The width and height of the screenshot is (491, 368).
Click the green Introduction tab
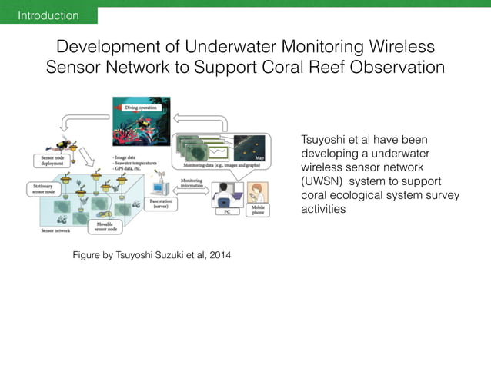pyautogui.click(x=48, y=15)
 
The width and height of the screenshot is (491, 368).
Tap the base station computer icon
pyautogui.click(x=161, y=187)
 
